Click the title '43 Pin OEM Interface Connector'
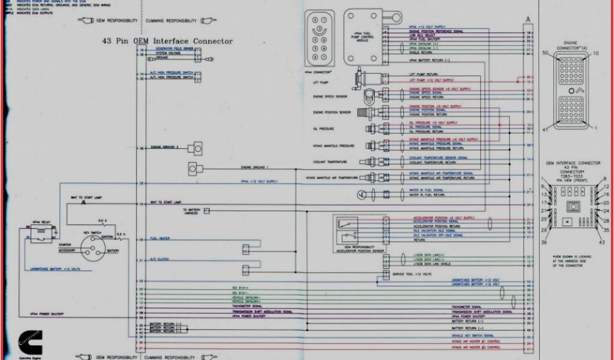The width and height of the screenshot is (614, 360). (167, 41)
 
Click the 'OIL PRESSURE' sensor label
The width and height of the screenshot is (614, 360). (323, 128)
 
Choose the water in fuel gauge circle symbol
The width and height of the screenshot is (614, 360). (360, 194)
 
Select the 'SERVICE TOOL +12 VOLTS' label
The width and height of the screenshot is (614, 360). (413, 274)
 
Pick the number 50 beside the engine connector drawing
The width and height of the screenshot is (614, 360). (545, 53)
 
